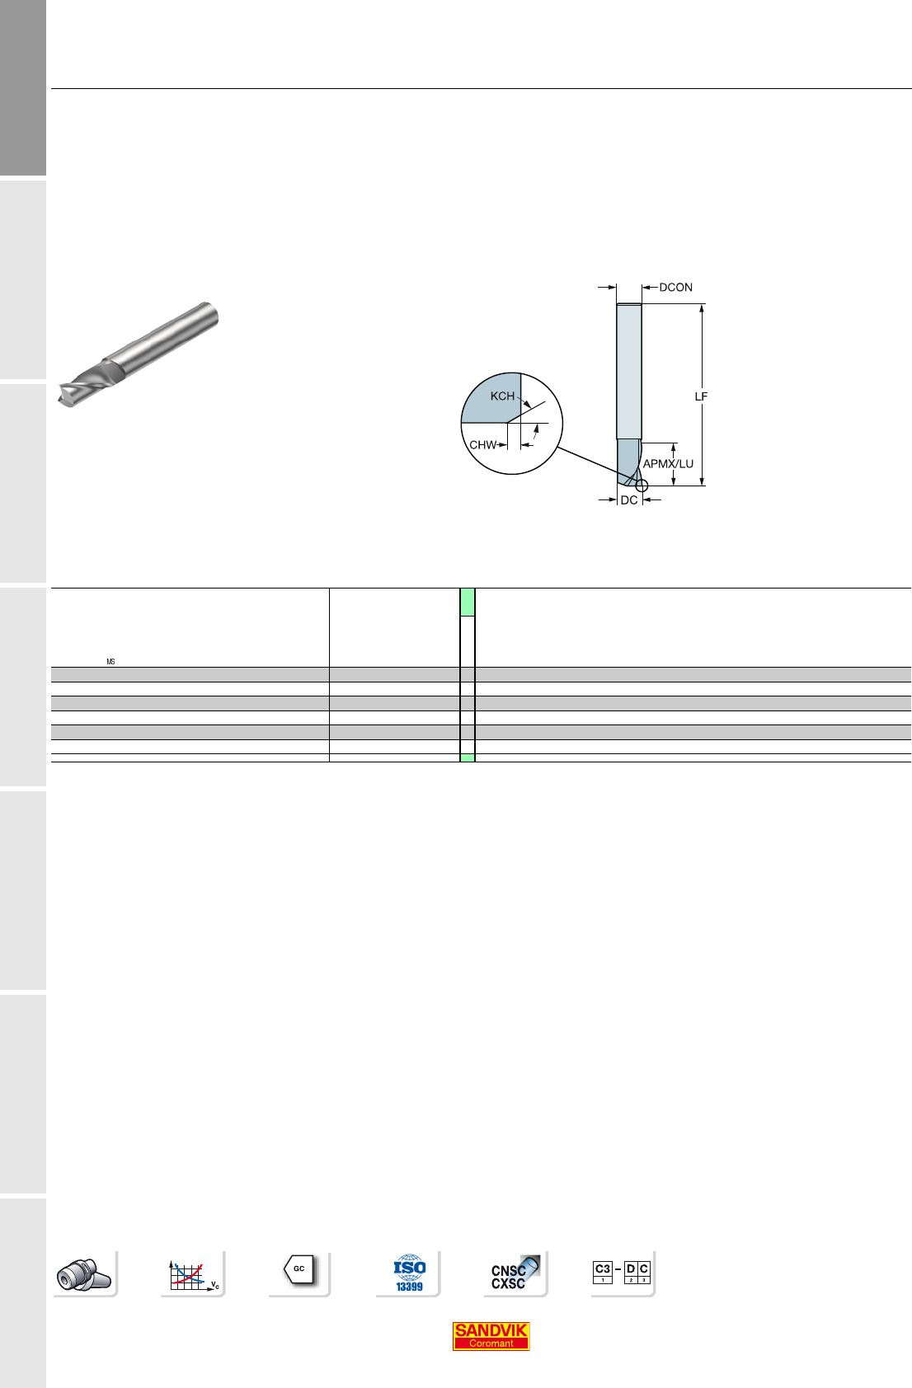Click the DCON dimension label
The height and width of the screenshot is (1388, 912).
click(x=675, y=288)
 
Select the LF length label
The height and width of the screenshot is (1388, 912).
click(x=701, y=396)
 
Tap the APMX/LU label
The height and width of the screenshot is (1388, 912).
click(x=668, y=464)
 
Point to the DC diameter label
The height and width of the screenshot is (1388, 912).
click(x=628, y=500)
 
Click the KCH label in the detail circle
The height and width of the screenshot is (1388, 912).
click(x=502, y=396)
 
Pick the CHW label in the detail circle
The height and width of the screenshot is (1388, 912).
click(x=483, y=445)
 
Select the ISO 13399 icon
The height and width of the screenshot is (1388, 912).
click(x=409, y=1273)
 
